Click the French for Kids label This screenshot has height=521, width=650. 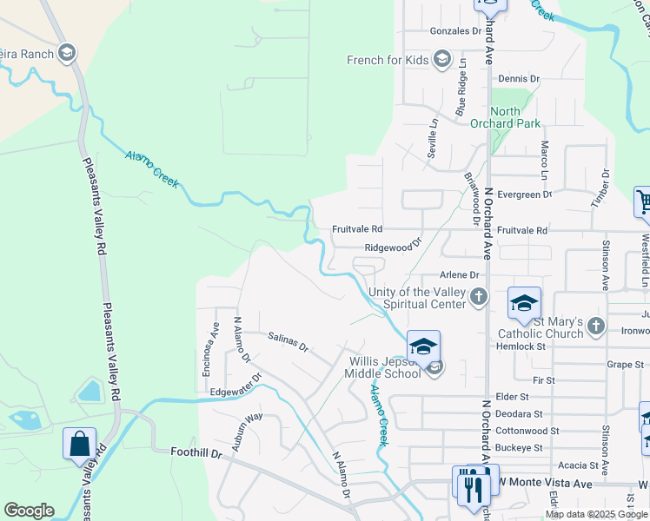point(388,60)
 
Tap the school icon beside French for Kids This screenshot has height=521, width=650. point(441,59)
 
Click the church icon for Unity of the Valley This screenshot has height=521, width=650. point(478,299)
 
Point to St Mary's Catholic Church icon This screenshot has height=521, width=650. point(595,326)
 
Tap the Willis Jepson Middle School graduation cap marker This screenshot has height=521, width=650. point(423,346)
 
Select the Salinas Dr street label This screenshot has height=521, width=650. point(289,340)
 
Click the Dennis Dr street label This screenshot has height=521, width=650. point(518,78)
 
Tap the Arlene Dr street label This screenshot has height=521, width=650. point(461,274)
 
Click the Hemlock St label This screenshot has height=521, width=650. point(520,346)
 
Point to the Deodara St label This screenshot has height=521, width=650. point(519,414)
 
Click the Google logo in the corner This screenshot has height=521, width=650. point(29,510)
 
